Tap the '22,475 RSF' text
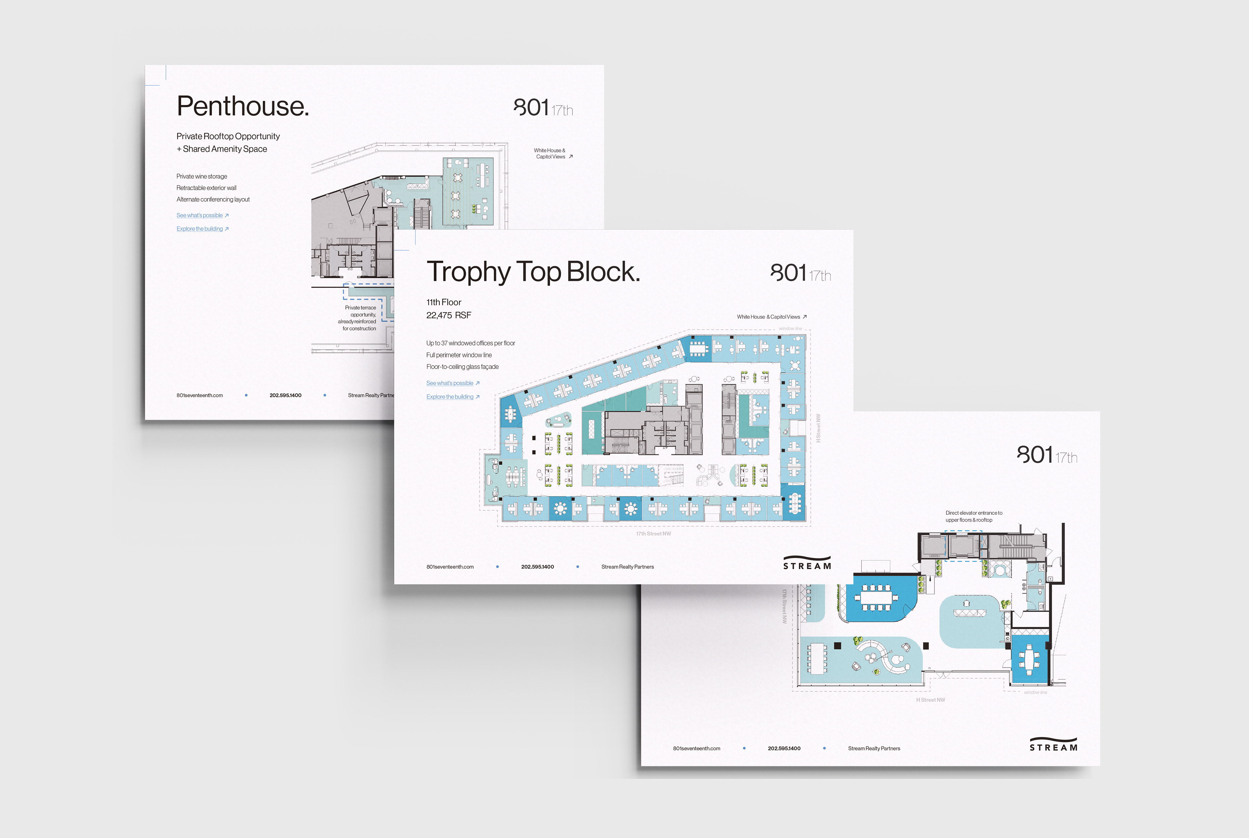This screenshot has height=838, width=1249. pyautogui.click(x=449, y=315)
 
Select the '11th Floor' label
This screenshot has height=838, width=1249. pyautogui.click(x=444, y=302)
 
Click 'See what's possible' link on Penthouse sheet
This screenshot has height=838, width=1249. pyautogui.click(x=200, y=215)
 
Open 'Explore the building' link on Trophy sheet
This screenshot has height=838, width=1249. pyautogui.click(x=450, y=396)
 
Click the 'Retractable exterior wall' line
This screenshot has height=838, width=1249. pyautogui.click(x=206, y=188)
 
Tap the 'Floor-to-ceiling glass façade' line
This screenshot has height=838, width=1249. pyautogui.click(x=462, y=366)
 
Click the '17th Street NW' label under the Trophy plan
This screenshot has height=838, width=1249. pyautogui.click(x=653, y=533)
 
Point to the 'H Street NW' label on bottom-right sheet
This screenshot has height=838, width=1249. pyautogui.click(x=931, y=699)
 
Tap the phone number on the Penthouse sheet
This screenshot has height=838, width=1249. pyautogui.click(x=285, y=395)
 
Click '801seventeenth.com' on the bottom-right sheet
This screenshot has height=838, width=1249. pyautogui.click(x=696, y=748)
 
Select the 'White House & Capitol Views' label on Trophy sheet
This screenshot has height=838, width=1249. pyautogui.click(x=769, y=317)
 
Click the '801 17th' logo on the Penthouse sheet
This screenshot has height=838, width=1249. pyautogui.click(x=543, y=109)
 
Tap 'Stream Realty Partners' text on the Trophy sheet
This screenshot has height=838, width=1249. pyautogui.click(x=627, y=566)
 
